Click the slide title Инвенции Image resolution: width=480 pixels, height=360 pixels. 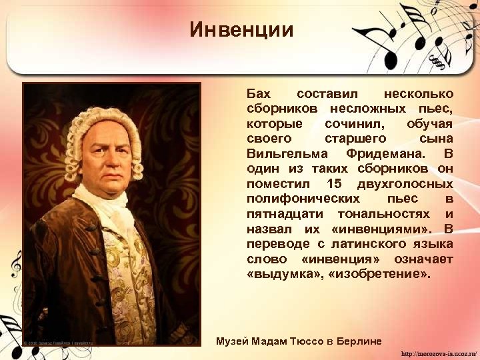241,30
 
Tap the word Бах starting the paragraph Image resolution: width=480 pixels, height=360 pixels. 259,94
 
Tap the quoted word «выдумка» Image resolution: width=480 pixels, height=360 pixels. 285,273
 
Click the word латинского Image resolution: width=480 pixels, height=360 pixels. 357,243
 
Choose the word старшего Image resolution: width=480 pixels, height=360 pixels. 355,139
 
